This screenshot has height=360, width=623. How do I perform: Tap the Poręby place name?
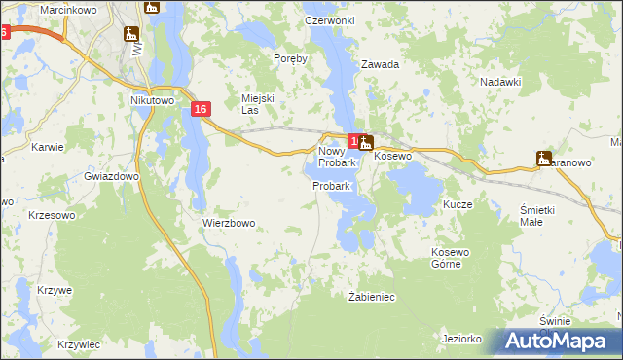coord(291,58)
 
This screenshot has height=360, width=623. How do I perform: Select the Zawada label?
coord(381,65)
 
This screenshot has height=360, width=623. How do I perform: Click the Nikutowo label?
coord(151,99)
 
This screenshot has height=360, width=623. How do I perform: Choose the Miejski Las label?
coord(256,104)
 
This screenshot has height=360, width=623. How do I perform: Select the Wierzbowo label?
coord(229,223)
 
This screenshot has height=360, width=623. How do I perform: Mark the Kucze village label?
coord(458,205)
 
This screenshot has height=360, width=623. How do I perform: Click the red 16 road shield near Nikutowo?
coord(200,110)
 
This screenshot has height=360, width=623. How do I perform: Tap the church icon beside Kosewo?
coord(366,145)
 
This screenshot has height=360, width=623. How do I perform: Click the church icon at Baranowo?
coord(544,158)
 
